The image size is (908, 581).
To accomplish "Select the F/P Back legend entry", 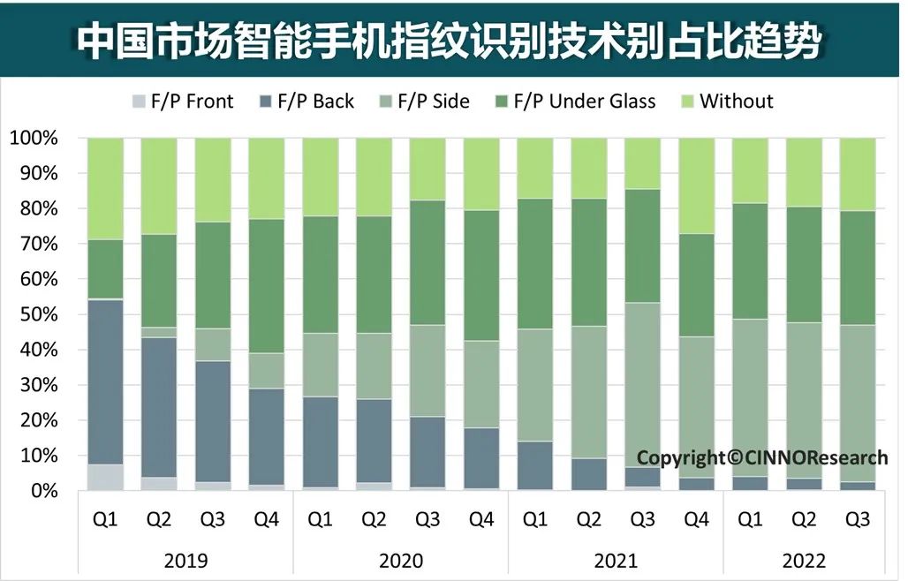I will (x=304, y=102).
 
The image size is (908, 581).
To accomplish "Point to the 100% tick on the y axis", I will (x=34, y=139).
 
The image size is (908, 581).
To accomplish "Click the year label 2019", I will (x=185, y=561).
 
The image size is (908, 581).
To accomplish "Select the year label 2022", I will (x=803, y=561).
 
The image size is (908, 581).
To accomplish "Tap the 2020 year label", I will (x=400, y=561).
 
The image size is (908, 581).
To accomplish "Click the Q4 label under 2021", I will (x=696, y=520).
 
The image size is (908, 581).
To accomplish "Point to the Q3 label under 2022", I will (x=857, y=520).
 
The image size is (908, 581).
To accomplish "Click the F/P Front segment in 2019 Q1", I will (x=105, y=477).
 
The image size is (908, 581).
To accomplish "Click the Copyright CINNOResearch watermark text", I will (x=761, y=457).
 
